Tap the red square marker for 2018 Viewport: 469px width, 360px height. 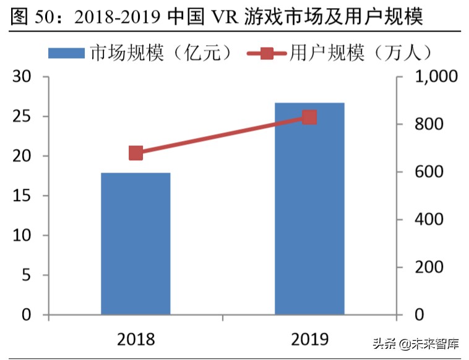click(136, 153)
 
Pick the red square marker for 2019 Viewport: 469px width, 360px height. click(309, 118)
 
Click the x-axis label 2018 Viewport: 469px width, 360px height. click(136, 338)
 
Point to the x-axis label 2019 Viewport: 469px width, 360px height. click(309, 338)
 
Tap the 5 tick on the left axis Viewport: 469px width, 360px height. click(26, 275)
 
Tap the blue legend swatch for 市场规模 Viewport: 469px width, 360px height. click(66, 53)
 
